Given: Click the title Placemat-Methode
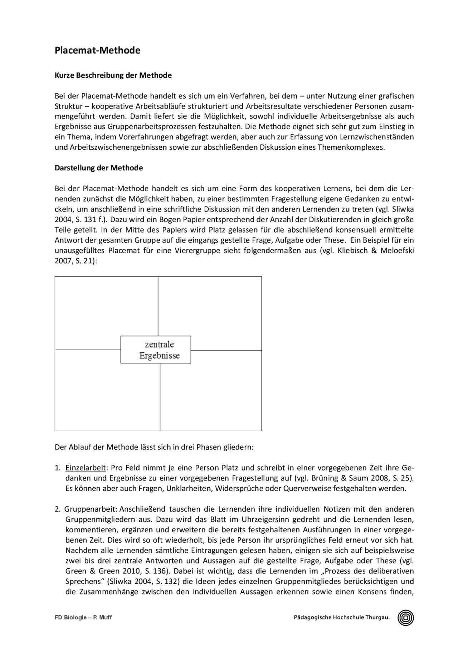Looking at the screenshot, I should [x=97, y=50].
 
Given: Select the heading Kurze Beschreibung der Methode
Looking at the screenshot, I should [x=113, y=75].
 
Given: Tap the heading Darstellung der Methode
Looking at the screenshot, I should [x=99, y=168].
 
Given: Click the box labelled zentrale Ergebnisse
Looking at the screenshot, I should [x=156, y=350].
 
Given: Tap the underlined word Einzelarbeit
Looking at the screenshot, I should [x=86, y=468].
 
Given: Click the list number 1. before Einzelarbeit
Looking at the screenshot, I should [x=58, y=468].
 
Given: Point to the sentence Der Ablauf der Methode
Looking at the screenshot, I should [x=154, y=447].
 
